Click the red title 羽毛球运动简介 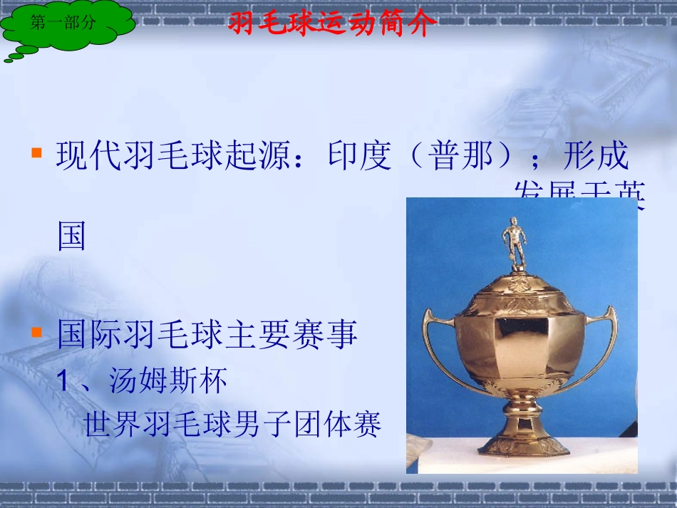coord(331,24)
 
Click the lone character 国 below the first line coord(72,236)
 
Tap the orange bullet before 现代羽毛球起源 coord(36,152)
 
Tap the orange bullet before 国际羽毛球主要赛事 coord(36,332)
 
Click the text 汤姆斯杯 coord(168,382)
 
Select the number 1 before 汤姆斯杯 coord(63,383)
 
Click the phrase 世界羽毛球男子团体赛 coord(233,425)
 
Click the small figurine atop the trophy coord(513,242)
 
